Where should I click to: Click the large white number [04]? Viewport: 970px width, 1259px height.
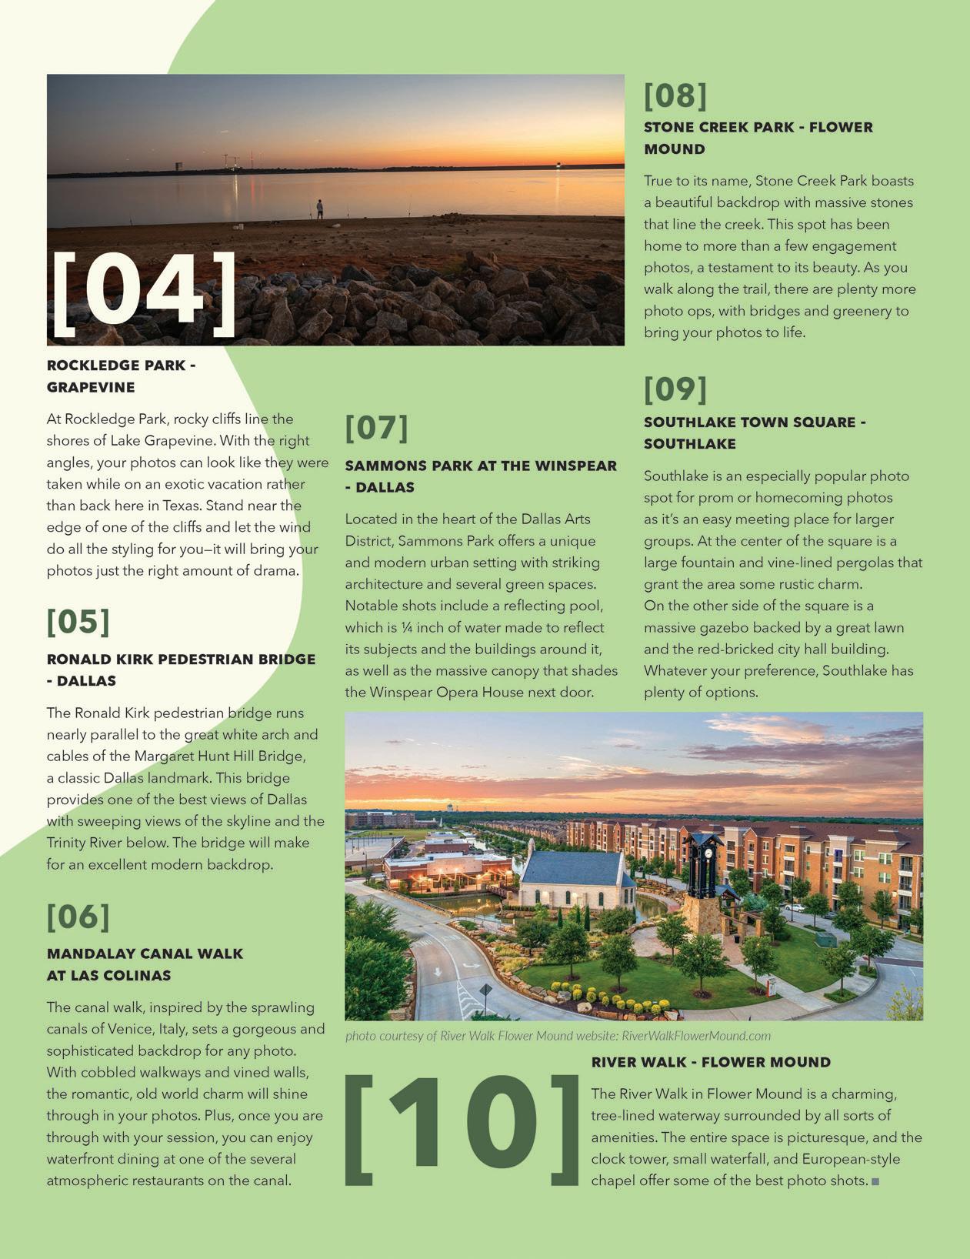pyautogui.click(x=144, y=293)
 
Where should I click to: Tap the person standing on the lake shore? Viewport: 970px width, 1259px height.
pyautogui.click(x=320, y=209)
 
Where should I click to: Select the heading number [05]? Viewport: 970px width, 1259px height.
pyautogui.click(x=78, y=622)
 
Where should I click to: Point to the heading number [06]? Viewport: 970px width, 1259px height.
pyautogui.click(x=78, y=917)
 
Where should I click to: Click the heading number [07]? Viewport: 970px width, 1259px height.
pyautogui.click(x=376, y=428)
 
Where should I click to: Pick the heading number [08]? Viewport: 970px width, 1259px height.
pyautogui.click(x=675, y=96)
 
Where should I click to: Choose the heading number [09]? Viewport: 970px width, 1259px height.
pyautogui.click(x=675, y=389)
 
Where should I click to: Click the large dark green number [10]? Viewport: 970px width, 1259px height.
pyautogui.click(x=462, y=1130)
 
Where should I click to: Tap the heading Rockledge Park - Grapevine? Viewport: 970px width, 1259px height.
pyautogui.click(x=122, y=376)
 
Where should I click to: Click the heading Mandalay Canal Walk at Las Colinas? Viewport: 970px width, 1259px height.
pyautogui.click(x=145, y=964)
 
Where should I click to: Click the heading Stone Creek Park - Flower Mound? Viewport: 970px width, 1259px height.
pyautogui.click(x=758, y=138)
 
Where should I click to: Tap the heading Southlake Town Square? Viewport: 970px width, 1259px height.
pyautogui.click(x=755, y=432)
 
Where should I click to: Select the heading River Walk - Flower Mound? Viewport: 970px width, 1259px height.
pyautogui.click(x=711, y=1062)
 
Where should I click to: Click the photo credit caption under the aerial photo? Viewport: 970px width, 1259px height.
pyautogui.click(x=558, y=1036)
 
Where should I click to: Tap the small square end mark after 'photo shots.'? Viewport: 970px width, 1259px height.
pyautogui.click(x=875, y=1181)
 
